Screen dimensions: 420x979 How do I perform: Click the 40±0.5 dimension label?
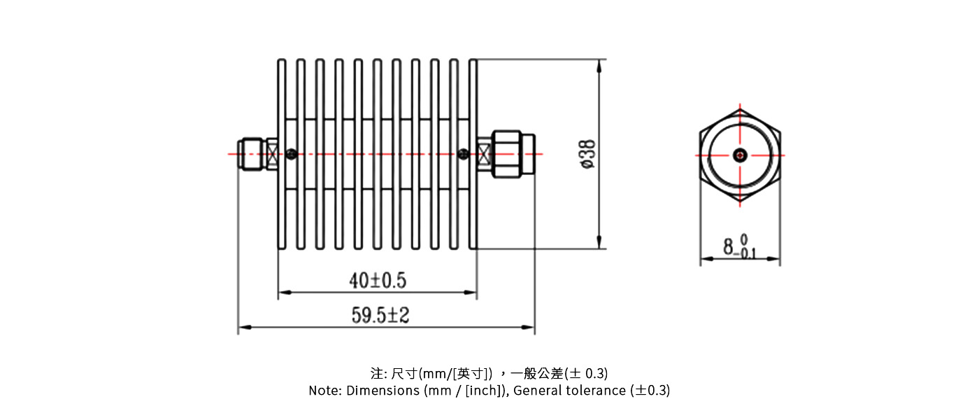click(x=378, y=281)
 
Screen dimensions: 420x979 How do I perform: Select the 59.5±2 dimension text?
click(x=380, y=316)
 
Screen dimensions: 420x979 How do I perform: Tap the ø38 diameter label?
click(x=587, y=153)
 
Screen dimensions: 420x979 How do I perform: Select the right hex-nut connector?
click(x=508, y=153)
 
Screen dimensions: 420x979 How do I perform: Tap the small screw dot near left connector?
click(x=291, y=153)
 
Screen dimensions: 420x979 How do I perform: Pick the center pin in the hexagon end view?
click(x=740, y=155)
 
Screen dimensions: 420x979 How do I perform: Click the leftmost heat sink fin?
click(x=282, y=154)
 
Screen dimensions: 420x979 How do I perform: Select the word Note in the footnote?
click(x=324, y=391)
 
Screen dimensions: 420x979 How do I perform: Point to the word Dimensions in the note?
click(x=382, y=391)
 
